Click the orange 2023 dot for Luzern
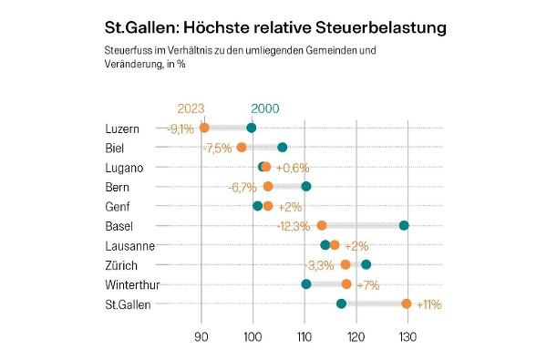pyautogui.click(x=204, y=128)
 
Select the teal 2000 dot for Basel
pyautogui.click(x=404, y=225)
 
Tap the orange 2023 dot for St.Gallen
pyautogui.click(x=407, y=303)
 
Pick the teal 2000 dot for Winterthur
pyautogui.click(x=306, y=284)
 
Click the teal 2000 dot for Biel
pyautogui.click(x=283, y=148)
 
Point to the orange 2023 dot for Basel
pyautogui.click(x=322, y=225)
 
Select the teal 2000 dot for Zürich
pyautogui.click(x=366, y=264)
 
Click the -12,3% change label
pyautogui.click(x=293, y=226)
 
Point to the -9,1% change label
pyautogui.click(x=181, y=129)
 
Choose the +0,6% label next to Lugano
pyautogui.click(x=293, y=168)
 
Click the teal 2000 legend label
pyautogui.click(x=265, y=108)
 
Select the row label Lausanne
pyautogui.click(x=129, y=245)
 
